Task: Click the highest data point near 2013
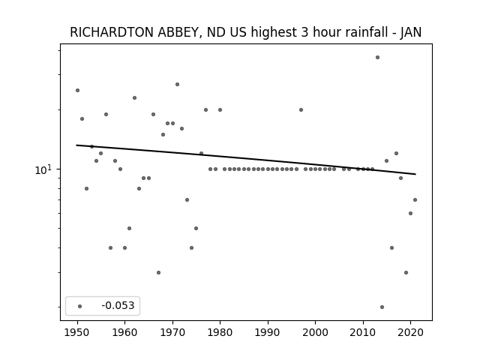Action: coord(377,57)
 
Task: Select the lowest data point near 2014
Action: coord(382,307)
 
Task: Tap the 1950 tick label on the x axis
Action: coord(77,332)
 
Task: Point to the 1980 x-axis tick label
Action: coord(220,332)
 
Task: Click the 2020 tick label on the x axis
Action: coord(411,332)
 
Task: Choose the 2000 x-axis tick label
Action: coord(315,332)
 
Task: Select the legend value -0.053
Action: coord(118,305)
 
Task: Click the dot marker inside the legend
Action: coord(80,306)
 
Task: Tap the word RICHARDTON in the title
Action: coord(112,32)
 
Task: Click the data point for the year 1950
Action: coord(77,90)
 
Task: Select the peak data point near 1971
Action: coord(177,84)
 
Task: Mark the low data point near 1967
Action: coord(158,272)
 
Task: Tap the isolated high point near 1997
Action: coord(301,109)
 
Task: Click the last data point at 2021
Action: coord(415,200)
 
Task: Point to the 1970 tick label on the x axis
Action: coord(172,332)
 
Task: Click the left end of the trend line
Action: coord(76,145)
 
